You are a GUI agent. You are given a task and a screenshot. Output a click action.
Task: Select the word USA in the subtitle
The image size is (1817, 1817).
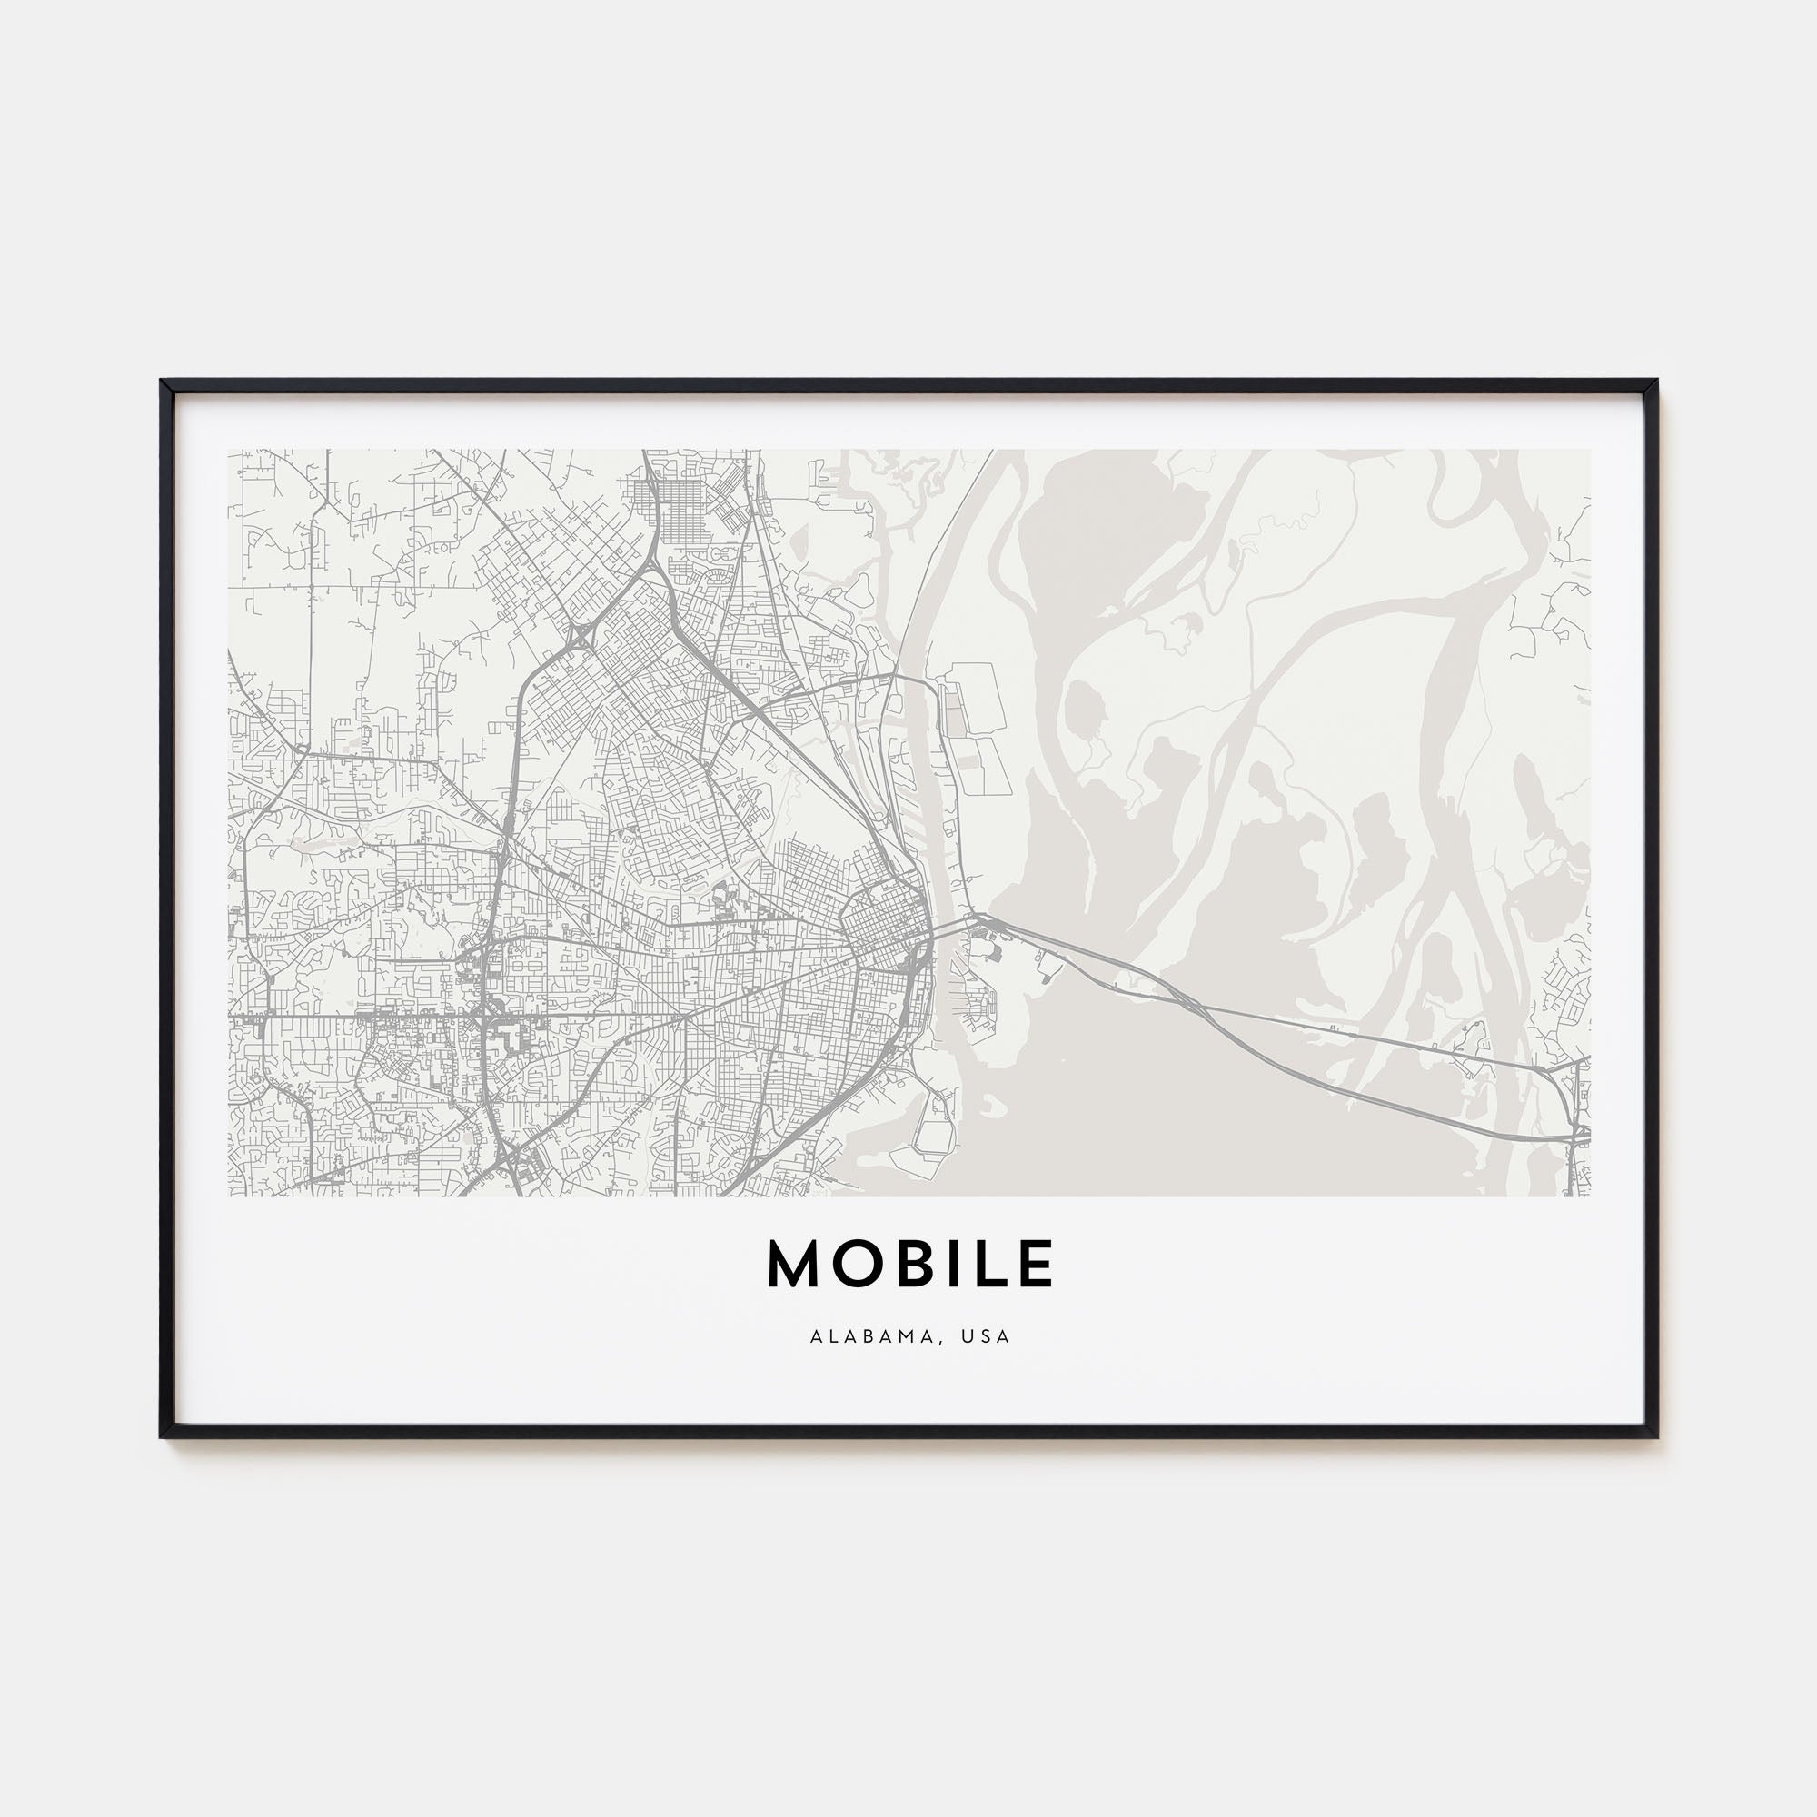[x=988, y=1336]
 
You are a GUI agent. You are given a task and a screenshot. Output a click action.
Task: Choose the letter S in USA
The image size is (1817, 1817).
[x=988, y=1336]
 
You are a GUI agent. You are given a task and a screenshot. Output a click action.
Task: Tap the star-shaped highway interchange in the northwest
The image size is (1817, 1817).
[x=579, y=639]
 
